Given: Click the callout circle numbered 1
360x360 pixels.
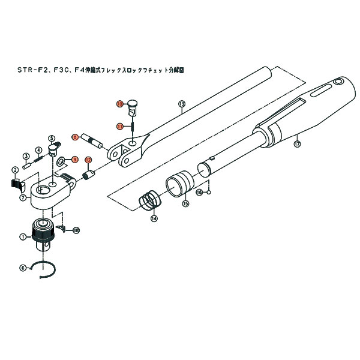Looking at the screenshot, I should click(22, 237).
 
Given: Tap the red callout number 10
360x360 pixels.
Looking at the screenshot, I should click(120, 104).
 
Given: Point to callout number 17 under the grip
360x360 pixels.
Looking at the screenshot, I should click(296, 144).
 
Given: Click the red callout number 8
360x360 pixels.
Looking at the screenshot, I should click(75, 137).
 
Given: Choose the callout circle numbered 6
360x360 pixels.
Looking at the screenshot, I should click(23, 268).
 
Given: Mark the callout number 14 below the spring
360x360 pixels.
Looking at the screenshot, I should click(154, 219).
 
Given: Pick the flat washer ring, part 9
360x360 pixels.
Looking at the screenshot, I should click(61, 161).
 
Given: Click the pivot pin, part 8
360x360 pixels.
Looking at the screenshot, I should click(92, 140).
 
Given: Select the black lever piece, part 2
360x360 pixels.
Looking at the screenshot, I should click(16, 184).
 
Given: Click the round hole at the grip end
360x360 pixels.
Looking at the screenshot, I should click(340, 81).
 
